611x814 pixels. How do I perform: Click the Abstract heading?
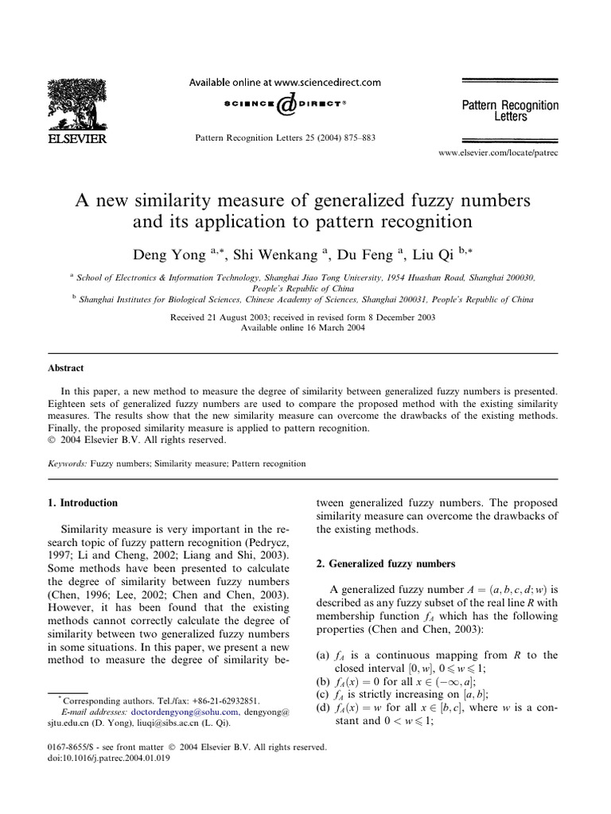point(68,368)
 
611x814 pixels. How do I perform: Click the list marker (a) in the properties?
point(322,655)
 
